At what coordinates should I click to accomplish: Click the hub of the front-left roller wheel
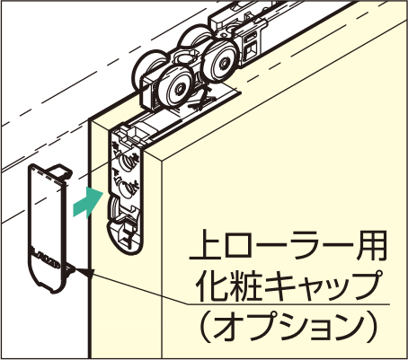[x=180, y=88]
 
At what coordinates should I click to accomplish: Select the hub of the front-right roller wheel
[x=224, y=63]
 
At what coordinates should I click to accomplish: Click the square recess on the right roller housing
[x=252, y=48]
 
